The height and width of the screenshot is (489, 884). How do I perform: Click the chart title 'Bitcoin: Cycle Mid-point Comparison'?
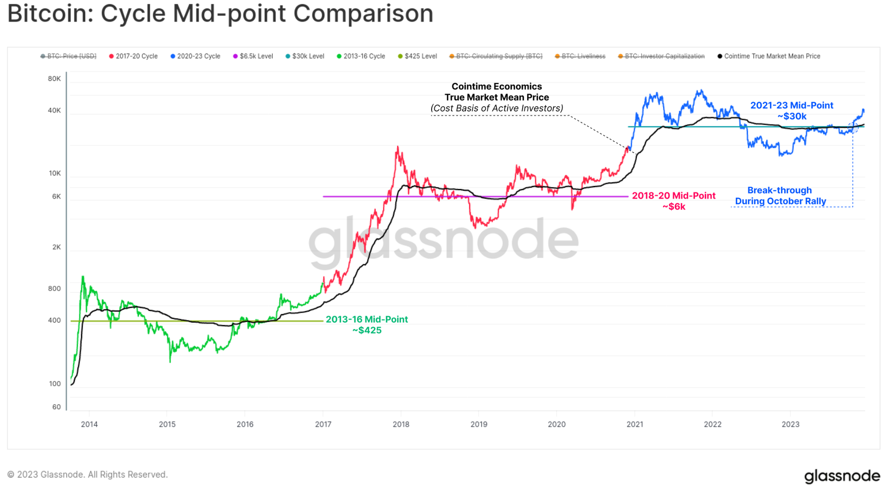coord(220,14)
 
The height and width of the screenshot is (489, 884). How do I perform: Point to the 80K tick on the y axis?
coord(54,79)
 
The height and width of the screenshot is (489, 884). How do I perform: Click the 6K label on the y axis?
coord(56,197)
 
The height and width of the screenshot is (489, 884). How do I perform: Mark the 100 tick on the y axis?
coord(55,384)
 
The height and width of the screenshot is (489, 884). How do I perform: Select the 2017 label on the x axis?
coord(323,424)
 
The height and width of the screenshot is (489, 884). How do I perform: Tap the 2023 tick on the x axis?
coord(790,424)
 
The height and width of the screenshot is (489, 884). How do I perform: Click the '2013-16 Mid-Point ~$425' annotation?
coord(367,325)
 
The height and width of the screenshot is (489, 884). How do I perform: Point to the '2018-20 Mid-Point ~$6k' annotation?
coord(673,201)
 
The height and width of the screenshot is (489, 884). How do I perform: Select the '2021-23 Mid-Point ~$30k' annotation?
coord(792,111)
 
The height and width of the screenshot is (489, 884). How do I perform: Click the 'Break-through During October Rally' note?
coord(780,196)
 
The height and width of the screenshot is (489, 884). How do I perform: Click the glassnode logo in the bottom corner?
coord(841,476)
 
